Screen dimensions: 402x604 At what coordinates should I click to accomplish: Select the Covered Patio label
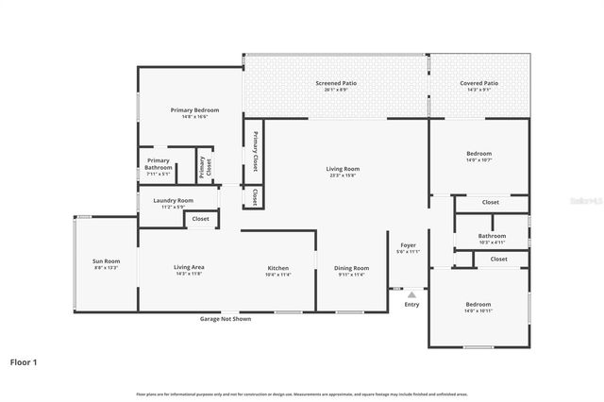point(478,83)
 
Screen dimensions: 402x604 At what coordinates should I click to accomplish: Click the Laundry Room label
point(173,200)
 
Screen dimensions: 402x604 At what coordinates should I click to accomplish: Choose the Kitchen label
point(277,268)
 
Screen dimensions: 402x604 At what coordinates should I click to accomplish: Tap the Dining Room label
point(351,268)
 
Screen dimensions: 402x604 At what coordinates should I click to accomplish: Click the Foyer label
point(409,245)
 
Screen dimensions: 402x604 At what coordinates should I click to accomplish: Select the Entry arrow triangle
point(411,294)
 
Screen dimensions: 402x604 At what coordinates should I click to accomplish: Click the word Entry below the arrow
point(411,305)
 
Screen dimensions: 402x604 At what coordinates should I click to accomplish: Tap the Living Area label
point(190,267)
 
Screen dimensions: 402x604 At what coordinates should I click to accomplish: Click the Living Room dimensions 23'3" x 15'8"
point(344,176)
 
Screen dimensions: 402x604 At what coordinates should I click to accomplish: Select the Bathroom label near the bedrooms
point(492,236)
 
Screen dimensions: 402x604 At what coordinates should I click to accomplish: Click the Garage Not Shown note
point(225,319)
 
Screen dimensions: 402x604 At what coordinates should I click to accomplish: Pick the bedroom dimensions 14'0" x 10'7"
point(478,160)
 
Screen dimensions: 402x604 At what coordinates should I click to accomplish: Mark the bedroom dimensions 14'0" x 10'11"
point(478,310)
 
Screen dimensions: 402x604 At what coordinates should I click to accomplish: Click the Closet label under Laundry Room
point(200,219)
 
